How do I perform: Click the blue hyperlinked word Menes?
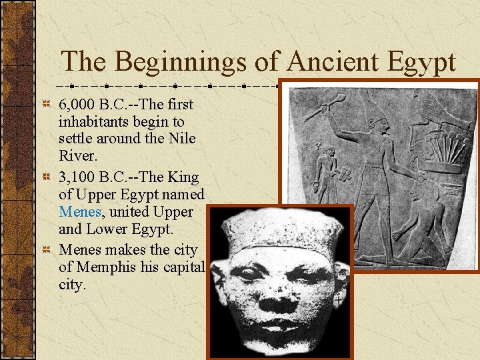point(79,213)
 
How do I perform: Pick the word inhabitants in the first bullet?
point(94,123)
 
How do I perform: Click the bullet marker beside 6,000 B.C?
point(45,105)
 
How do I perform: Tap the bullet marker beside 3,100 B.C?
point(45,177)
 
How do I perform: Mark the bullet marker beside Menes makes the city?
point(45,250)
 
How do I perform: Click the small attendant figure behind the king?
point(327,169)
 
